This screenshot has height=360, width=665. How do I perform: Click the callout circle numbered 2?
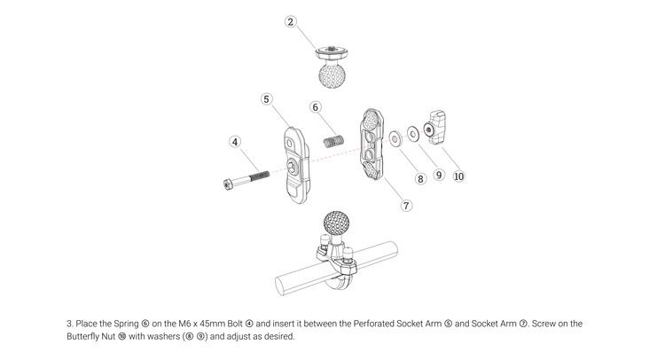(291, 21)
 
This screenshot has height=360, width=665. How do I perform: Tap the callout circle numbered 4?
(235, 141)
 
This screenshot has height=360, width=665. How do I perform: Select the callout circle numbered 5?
(266, 99)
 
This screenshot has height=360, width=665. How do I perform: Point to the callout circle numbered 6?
(315, 107)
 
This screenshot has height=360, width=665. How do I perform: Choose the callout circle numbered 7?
(407, 205)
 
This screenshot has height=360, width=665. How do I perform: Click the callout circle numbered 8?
(421, 178)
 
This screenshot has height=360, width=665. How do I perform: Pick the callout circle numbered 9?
(438, 175)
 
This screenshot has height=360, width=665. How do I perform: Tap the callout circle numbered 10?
(458, 176)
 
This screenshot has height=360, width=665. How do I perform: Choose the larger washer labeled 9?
(413, 133)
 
